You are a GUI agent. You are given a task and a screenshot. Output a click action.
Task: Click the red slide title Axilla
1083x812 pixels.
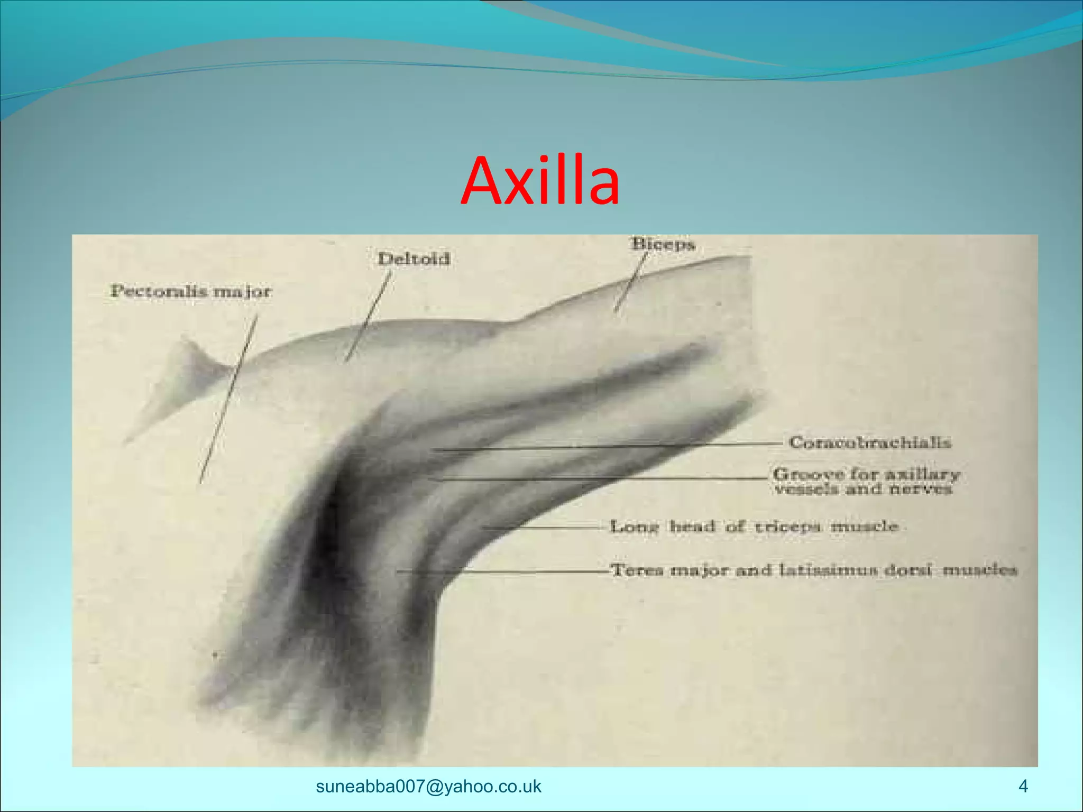[540, 180]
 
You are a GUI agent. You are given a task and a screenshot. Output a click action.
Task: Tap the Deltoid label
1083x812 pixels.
[414, 259]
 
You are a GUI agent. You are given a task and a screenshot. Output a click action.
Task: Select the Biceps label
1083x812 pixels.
[663, 244]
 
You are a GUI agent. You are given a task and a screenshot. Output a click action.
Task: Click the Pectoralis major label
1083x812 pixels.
[190, 291]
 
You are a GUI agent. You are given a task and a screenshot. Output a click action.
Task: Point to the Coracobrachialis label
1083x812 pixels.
[869, 442]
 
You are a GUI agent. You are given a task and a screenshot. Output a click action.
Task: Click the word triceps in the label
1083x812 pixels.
[787, 527]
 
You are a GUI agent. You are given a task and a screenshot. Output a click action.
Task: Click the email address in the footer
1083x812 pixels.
[428, 786]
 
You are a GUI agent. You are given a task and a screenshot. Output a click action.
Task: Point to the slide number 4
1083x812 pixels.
[1023, 786]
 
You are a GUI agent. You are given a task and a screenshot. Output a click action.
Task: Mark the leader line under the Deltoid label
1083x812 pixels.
[368, 317]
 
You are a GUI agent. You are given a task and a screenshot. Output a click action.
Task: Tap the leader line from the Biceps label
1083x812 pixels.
[631, 283]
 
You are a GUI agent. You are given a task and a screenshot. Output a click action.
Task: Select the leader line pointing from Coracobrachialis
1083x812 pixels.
[608, 447]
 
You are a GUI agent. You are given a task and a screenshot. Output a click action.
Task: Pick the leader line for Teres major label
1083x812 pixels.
[502, 571]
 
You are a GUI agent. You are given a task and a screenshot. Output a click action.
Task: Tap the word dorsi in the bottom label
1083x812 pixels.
[908, 570]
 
